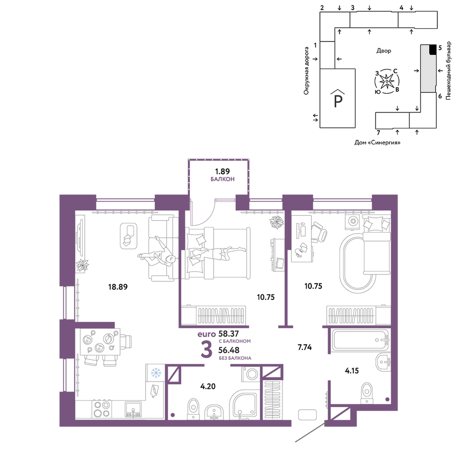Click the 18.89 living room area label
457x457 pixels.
[118, 287]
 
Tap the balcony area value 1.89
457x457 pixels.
[223, 171]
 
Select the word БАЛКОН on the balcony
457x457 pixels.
[223, 179]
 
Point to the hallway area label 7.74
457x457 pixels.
[304, 347]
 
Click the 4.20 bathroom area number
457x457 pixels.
[208, 387]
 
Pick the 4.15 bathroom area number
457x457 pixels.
[352, 371]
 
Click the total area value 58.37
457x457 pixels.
[228, 334]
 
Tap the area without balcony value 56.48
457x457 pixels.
[229, 350]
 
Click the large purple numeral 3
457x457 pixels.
[207, 350]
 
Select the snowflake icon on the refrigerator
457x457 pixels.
[156, 373]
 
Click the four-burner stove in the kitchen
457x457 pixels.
[102, 409]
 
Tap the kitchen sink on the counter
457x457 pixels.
[133, 409]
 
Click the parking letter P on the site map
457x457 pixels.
[338, 101]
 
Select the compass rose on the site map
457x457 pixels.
[387, 81]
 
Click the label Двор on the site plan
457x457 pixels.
[383, 51]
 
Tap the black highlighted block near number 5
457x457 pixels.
[433, 49]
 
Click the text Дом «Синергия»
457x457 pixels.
[377, 143]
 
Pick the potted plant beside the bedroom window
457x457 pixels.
[276, 223]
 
